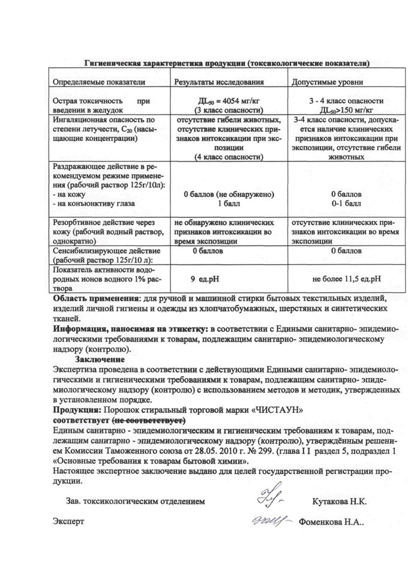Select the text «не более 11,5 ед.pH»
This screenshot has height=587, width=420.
[347, 278]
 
